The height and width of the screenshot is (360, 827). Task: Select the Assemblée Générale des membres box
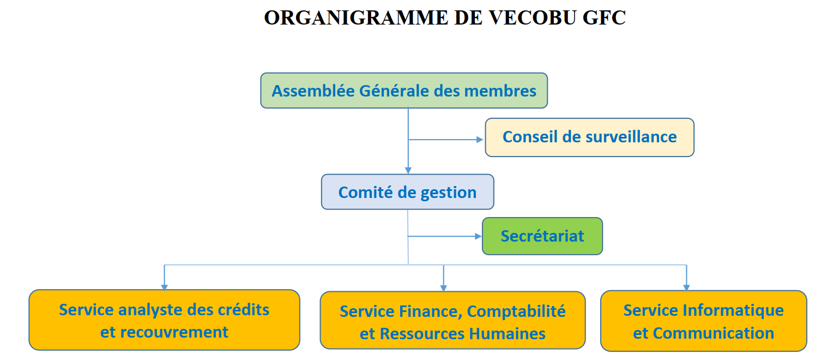[x=404, y=91]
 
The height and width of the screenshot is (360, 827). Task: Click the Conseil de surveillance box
[x=590, y=137]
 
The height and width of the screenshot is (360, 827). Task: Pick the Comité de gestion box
[x=408, y=192]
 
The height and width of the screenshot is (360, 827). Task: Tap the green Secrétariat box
[x=542, y=236]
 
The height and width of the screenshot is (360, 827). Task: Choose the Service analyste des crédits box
[x=164, y=320]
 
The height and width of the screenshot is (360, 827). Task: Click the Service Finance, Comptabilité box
[x=452, y=320]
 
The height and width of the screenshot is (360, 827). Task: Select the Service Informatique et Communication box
[x=704, y=321]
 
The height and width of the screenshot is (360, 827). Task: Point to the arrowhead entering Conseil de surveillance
[x=480, y=140]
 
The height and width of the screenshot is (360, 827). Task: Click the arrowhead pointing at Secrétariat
[x=478, y=236]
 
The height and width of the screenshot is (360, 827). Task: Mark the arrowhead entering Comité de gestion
[x=408, y=171]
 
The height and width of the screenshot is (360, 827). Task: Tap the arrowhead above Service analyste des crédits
[x=165, y=287]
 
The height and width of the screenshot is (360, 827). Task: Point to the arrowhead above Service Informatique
[x=687, y=287]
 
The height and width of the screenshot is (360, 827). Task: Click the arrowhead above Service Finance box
[x=444, y=289]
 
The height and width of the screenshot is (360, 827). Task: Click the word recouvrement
[x=174, y=332]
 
